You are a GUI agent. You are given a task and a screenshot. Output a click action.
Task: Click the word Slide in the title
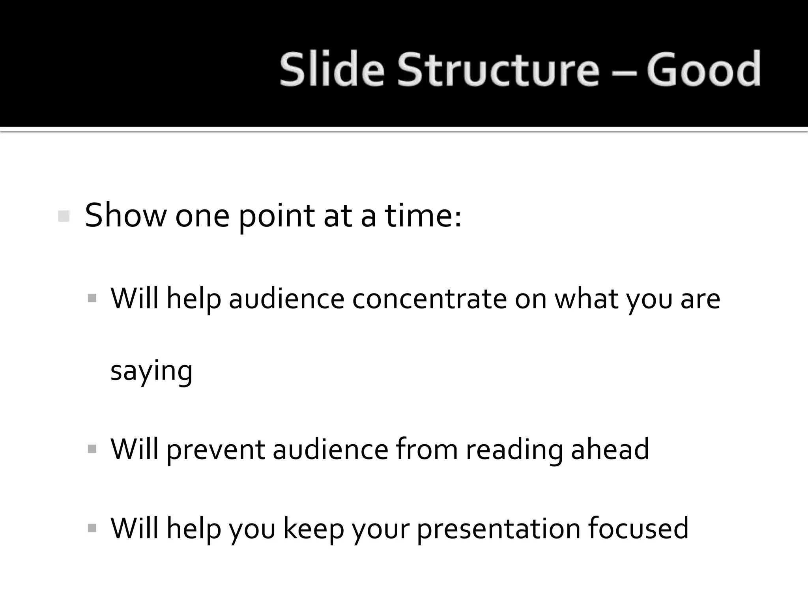pyautogui.click(x=331, y=70)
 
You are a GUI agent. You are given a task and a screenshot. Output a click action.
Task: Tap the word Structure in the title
pyautogui.click(x=498, y=70)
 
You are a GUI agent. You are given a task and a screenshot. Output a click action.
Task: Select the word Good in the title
pyautogui.click(x=703, y=70)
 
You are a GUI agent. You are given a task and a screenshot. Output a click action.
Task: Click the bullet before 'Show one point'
pyautogui.click(x=64, y=216)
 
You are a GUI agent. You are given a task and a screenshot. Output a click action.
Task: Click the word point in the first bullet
pyautogui.click(x=276, y=216)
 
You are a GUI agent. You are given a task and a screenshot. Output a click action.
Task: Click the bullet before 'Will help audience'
pyautogui.click(x=92, y=298)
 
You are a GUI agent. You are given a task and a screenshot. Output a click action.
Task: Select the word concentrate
pyautogui.click(x=429, y=299)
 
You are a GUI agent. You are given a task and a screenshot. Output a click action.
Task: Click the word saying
pyautogui.click(x=151, y=371)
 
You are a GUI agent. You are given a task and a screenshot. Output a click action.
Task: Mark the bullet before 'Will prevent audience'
pyautogui.click(x=92, y=449)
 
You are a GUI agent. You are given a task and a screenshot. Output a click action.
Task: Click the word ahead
pyautogui.click(x=610, y=449)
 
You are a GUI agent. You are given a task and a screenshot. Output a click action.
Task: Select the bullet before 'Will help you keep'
pyautogui.click(x=92, y=528)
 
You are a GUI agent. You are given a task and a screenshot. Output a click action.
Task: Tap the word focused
pyautogui.click(x=638, y=528)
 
